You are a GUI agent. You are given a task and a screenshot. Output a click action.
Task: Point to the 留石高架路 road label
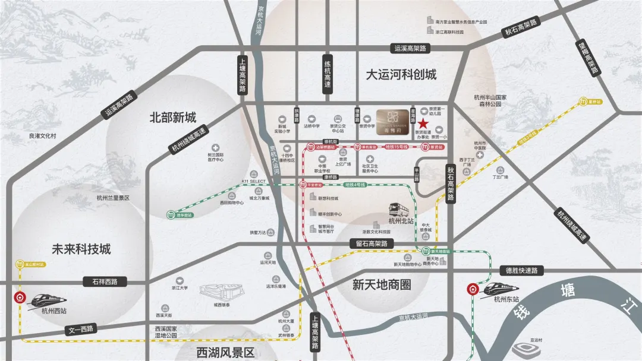369,243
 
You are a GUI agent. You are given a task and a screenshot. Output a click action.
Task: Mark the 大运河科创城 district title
401,75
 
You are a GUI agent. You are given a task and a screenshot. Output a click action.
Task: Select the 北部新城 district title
172,117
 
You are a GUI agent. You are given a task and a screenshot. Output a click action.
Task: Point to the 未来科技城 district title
81,249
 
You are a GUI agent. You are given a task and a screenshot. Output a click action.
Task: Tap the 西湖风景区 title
225,353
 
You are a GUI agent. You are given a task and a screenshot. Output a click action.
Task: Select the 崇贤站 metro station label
437,146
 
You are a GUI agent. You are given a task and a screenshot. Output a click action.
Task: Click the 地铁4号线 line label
355,185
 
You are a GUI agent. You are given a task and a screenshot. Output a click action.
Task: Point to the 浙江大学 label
180,288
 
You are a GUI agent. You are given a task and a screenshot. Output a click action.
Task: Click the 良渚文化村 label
42,135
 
